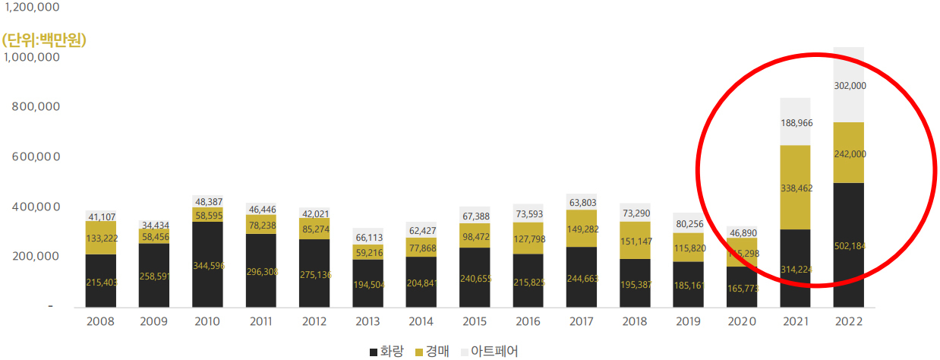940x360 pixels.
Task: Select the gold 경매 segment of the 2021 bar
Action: (795, 187)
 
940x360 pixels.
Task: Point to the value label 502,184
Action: (849, 245)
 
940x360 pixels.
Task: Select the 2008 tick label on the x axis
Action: (100, 321)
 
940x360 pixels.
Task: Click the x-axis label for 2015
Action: (475, 321)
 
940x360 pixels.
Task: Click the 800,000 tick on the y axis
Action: (36, 107)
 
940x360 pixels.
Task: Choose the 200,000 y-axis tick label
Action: (36, 256)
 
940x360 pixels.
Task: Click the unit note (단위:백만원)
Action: (44, 39)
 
